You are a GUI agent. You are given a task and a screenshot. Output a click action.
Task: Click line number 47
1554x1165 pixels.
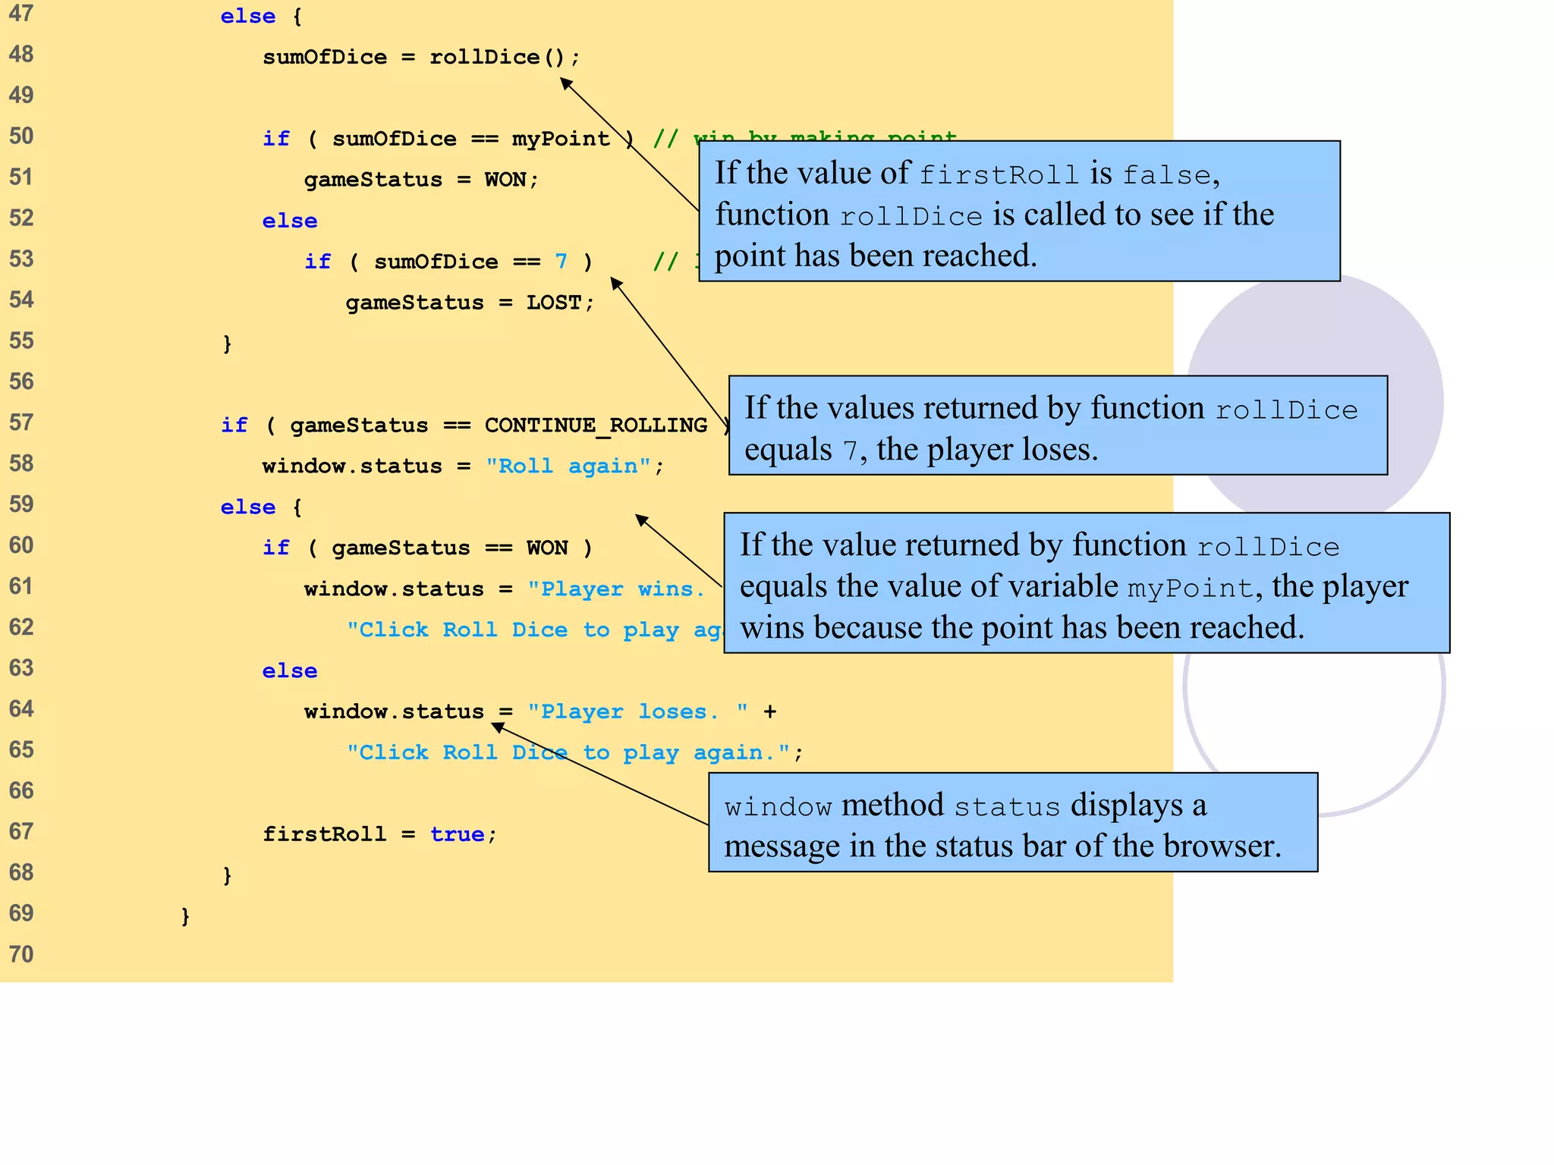coord(21,14)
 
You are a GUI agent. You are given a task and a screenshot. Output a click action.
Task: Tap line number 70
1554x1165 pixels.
coord(21,953)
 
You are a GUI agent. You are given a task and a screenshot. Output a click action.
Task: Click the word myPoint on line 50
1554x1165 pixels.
coord(561,139)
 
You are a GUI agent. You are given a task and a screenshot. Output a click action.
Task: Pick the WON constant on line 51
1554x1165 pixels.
coord(505,180)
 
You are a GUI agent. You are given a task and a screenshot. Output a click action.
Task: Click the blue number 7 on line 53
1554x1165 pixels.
coord(561,262)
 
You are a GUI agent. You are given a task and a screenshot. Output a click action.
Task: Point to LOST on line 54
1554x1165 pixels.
coord(554,303)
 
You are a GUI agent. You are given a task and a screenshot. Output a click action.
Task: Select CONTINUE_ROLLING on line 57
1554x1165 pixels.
coord(596,425)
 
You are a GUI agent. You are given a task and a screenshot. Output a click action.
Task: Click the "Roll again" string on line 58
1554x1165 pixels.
coord(568,466)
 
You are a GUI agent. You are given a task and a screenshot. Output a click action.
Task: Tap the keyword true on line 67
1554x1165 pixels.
coord(457,834)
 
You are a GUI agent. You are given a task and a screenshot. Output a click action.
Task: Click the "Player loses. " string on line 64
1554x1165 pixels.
coord(637,711)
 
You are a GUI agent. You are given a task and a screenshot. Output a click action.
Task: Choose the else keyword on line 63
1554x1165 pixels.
coord(289,671)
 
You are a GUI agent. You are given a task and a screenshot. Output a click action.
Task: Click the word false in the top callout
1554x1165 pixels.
coord(1166,175)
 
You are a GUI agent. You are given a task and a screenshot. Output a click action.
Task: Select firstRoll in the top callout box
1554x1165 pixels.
coord(998,175)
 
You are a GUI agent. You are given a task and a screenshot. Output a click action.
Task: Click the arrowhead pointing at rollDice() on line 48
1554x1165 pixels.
coord(566,83)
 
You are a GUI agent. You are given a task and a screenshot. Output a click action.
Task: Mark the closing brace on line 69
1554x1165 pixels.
coord(185,915)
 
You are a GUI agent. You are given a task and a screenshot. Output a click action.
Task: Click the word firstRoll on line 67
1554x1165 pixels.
coord(324,834)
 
